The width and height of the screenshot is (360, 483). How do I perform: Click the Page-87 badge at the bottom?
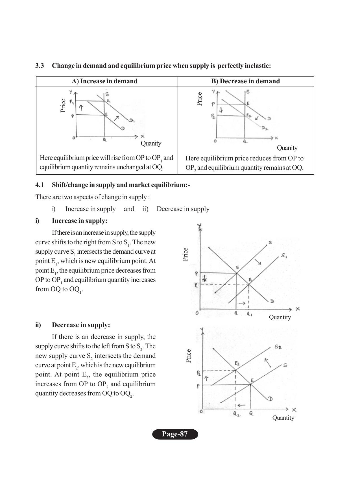[175, 434]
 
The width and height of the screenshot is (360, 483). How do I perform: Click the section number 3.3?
[40, 66]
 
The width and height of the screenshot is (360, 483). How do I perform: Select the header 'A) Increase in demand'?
[104, 81]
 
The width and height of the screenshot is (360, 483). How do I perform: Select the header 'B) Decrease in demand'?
[245, 81]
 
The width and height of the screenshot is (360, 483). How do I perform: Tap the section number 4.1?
[40, 185]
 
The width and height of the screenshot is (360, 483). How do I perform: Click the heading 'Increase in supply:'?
[79, 221]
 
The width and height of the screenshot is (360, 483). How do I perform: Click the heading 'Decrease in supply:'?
[81, 325]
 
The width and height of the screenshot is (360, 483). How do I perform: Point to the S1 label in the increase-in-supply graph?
[284, 256]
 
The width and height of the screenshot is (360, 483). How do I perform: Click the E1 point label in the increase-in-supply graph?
[250, 280]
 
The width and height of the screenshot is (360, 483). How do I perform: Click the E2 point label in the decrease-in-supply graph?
[237, 363]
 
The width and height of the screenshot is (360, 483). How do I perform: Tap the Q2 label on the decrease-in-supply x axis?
[236, 414]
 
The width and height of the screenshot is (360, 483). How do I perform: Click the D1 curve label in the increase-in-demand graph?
[132, 121]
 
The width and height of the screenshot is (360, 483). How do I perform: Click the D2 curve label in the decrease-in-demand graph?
[265, 129]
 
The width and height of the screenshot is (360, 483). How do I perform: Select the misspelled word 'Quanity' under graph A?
[151, 143]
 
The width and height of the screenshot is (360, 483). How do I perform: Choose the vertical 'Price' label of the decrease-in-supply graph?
[189, 356]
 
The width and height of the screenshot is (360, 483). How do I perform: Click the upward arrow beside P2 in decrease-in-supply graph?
[206, 378]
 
